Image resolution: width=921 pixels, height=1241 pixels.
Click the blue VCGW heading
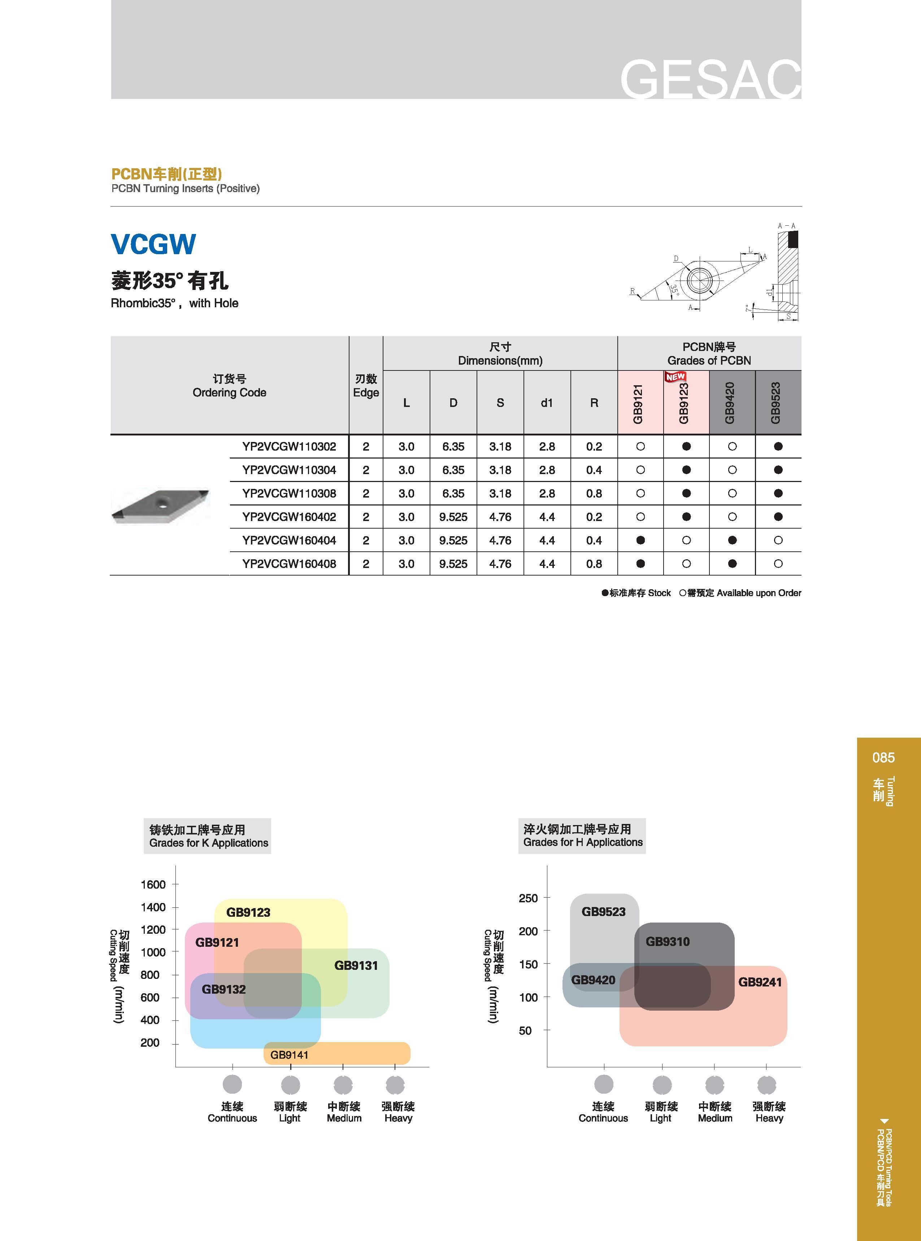point(153,244)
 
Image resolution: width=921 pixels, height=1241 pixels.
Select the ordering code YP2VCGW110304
point(289,470)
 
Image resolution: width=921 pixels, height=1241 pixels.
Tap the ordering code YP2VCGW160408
point(289,564)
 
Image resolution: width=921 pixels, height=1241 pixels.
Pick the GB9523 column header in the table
point(776,403)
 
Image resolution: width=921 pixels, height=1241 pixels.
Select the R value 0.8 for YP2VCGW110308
point(594,493)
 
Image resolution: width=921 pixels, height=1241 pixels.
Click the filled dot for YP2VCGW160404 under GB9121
point(640,540)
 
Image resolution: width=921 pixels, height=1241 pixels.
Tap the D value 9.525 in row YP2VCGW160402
point(453,517)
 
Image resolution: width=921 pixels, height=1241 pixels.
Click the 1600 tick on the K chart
point(153,884)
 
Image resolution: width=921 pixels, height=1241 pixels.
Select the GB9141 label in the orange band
point(289,1055)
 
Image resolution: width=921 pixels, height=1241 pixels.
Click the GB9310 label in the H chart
point(667,942)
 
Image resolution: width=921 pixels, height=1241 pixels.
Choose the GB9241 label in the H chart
point(760,982)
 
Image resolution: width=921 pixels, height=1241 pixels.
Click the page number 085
point(883,758)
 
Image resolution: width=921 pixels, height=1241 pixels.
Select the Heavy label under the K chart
point(398,1118)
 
